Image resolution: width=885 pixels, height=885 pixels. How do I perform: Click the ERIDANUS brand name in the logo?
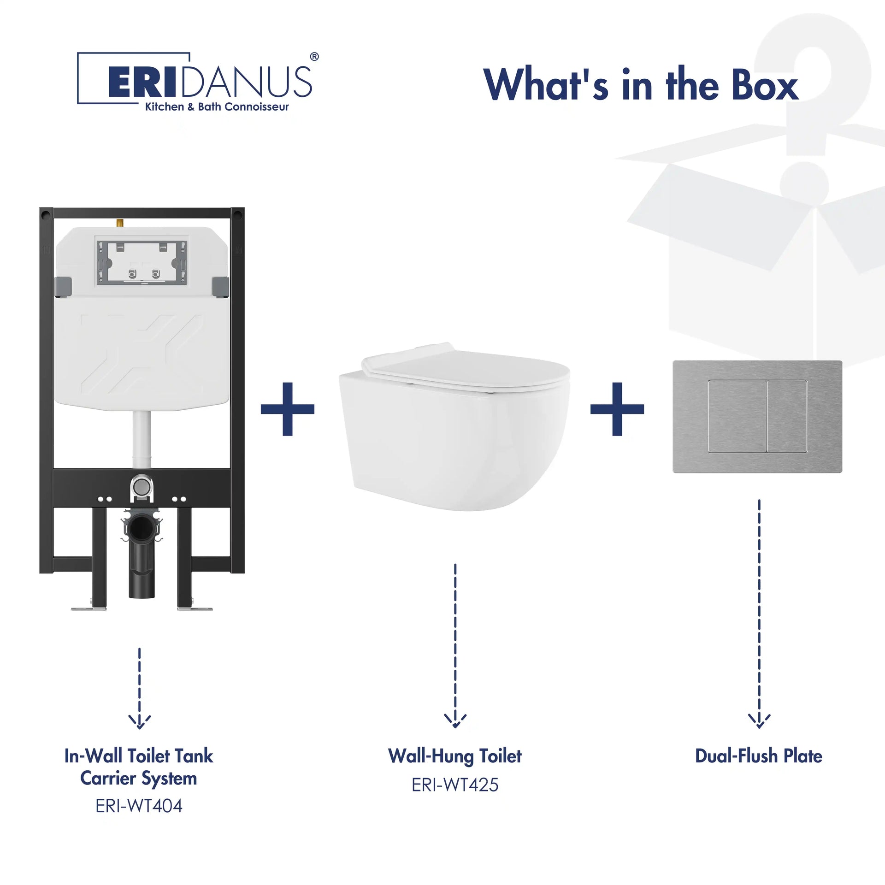(x=210, y=82)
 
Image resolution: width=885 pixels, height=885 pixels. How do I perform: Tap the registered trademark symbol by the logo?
(x=314, y=57)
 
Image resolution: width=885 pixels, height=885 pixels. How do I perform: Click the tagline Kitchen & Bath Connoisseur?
(x=217, y=107)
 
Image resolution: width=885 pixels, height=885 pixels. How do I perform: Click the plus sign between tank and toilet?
(x=288, y=409)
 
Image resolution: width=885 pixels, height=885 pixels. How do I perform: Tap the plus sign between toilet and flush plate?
(x=617, y=409)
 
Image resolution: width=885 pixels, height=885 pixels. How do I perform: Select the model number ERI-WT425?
(x=455, y=785)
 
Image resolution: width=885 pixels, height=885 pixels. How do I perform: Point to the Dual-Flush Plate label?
(x=759, y=756)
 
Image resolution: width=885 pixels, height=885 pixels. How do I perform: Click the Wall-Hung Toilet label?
(x=455, y=756)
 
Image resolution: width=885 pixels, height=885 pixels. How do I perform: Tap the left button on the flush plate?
(x=737, y=416)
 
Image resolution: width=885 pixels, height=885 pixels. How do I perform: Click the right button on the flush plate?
(x=788, y=416)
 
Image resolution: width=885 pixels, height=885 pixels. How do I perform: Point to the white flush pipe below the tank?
(x=142, y=440)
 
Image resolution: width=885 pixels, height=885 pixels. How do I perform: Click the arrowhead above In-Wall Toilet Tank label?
(x=139, y=721)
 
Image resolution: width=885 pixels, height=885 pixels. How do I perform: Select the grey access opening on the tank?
(x=142, y=260)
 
